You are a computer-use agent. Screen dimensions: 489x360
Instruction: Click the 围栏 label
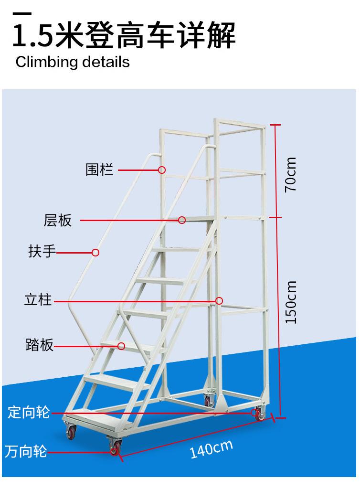(100, 170)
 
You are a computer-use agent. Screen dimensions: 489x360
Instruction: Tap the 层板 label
(58, 220)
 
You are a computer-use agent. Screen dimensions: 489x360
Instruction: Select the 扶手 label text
(42, 252)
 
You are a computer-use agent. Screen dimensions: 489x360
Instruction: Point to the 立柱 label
(38, 301)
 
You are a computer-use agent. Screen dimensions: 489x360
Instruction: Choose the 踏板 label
(39, 345)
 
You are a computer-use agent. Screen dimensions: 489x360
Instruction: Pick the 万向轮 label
(26, 451)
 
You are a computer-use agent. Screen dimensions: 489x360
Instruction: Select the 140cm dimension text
(211, 449)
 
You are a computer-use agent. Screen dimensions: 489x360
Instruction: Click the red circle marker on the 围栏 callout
(162, 170)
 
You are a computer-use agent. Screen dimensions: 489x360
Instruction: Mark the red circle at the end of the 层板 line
(182, 220)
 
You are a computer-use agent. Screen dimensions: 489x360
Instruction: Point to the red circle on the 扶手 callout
(95, 252)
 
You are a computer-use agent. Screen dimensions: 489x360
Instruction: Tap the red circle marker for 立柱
(219, 301)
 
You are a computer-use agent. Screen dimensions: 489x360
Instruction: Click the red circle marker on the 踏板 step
(122, 345)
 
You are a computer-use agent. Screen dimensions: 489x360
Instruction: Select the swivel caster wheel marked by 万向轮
(114, 449)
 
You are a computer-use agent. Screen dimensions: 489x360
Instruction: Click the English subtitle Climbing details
(73, 62)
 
